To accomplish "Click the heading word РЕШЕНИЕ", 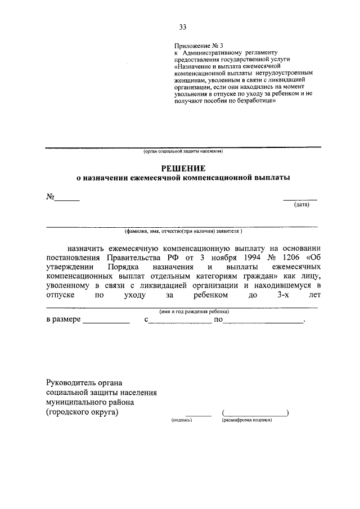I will pos(183,168).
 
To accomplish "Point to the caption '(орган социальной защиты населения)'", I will pos(183,151).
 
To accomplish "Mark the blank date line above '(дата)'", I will pos(300,199).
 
